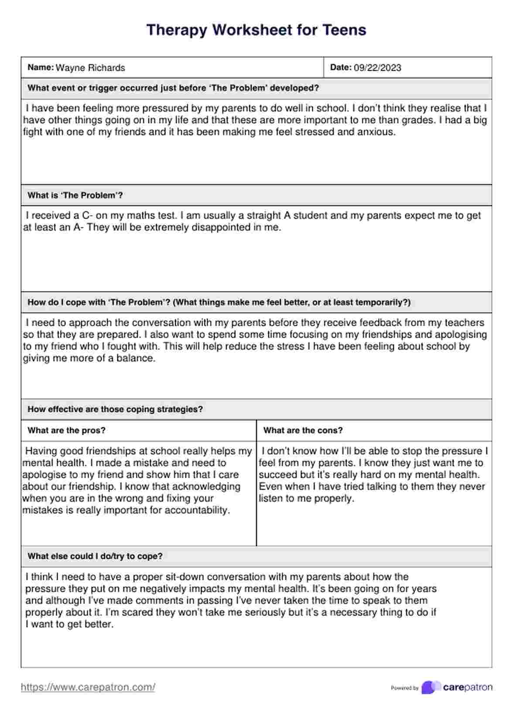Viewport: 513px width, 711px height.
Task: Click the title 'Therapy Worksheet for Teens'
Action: [256, 30]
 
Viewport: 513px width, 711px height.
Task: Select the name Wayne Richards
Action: [90, 68]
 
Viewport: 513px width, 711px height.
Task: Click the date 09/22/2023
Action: [377, 68]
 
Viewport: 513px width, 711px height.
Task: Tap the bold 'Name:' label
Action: [41, 68]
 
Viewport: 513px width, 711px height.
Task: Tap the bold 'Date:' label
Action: [341, 68]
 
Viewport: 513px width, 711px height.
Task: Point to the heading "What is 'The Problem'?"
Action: [75, 195]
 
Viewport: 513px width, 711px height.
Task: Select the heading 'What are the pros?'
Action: [66, 431]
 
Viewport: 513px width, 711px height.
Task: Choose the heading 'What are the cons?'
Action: [303, 431]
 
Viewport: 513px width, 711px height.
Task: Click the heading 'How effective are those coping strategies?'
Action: [115, 409]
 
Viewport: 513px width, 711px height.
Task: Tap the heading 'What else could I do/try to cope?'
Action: [95, 556]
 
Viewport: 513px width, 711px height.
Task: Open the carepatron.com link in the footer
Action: [88, 687]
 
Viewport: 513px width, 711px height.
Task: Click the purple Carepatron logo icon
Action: [431, 687]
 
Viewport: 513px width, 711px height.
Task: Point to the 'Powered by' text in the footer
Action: [404, 688]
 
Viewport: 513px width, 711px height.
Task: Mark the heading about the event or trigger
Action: [173, 88]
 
